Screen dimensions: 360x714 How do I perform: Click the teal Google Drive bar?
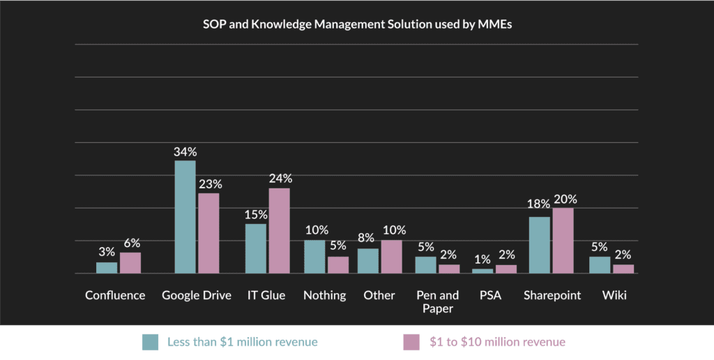[185, 217]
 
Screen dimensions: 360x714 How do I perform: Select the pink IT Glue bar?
[279, 231]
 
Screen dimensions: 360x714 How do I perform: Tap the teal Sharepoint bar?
[539, 245]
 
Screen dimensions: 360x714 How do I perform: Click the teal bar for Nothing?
[314, 257]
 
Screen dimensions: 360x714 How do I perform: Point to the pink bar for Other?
[391, 257]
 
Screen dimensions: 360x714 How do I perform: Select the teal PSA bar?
[483, 271]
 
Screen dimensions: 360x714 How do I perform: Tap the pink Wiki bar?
[623, 269]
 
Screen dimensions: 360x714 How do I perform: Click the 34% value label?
[185, 151]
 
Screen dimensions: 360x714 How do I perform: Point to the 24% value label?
[280, 179]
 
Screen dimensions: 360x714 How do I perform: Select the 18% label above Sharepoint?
[538, 204]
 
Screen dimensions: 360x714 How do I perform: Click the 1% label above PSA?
[483, 260]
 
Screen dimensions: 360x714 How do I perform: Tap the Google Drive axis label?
[197, 295]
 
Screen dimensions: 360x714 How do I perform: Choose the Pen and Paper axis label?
[437, 301]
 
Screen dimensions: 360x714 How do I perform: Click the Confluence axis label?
[115, 295]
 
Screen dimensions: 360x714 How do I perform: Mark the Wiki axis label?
[614, 295]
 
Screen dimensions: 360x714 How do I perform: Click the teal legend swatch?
[151, 342]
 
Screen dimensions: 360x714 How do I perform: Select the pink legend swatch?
[412, 342]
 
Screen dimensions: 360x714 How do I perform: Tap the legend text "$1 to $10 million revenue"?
[497, 342]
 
